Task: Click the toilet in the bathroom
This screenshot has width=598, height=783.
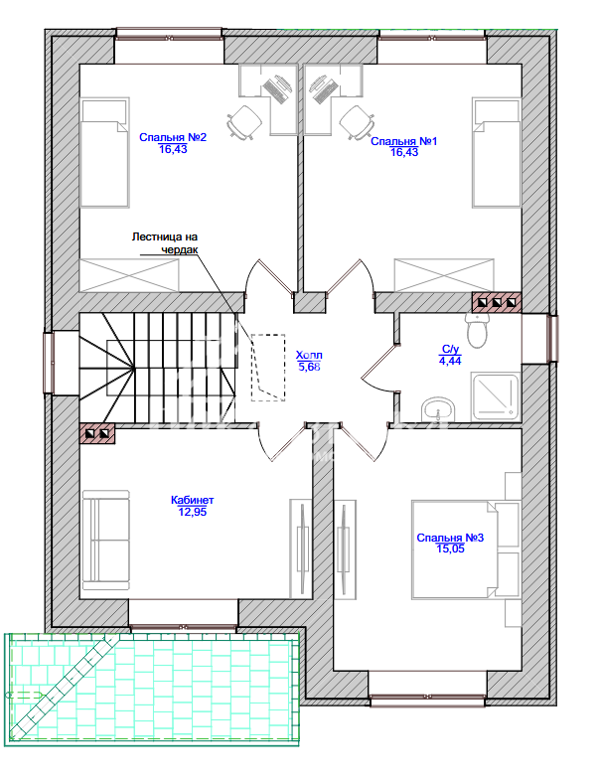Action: (477, 330)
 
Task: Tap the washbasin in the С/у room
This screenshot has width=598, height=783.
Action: (438, 410)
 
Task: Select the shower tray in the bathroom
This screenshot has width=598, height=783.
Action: (495, 396)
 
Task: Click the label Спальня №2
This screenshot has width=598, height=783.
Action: (173, 137)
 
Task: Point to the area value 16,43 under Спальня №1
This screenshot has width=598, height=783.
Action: (404, 152)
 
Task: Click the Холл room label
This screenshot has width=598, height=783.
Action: (309, 356)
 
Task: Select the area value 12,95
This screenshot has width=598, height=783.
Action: (192, 512)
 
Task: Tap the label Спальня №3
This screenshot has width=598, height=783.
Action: (450, 538)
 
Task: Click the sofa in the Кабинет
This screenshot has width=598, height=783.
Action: (106, 541)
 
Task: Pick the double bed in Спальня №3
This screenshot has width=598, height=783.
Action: (455, 549)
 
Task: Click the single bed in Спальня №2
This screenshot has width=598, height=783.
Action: (105, 152)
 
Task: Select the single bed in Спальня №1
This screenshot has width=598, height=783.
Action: (497, 152)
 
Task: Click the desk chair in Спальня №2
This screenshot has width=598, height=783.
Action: (244, 121)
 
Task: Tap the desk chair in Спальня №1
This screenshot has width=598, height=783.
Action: (357, 122)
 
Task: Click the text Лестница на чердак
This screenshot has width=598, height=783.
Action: (165, 243)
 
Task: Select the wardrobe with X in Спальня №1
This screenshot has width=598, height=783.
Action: (444, 274)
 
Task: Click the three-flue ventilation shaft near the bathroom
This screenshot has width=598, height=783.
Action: (497, 302)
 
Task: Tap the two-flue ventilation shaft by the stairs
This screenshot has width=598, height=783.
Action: (97, 433)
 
